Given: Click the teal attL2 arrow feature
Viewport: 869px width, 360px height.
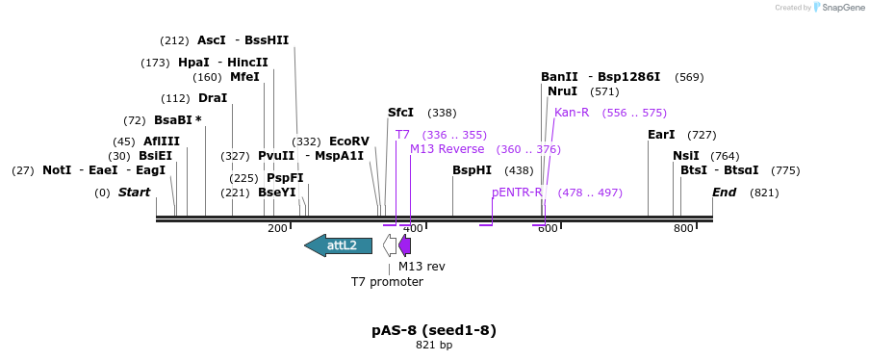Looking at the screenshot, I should click(x=339, y=245).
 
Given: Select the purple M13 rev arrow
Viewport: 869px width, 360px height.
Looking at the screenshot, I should click(x=405, y=245).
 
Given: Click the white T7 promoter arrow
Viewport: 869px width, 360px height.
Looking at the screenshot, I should click(x=389, y=245).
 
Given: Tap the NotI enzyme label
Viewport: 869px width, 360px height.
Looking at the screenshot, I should click(x=57, y=170).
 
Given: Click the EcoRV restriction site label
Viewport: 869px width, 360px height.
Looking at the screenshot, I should click(x=348, y=141).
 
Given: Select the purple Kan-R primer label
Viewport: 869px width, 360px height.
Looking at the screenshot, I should click(x=572, y=113).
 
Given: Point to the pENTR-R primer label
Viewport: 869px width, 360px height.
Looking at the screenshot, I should click(x=517, y=193).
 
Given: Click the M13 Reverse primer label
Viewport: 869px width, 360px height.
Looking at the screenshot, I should click(x=447, y=149).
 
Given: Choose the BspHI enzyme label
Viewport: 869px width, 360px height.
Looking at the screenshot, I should click(x=472, y=170).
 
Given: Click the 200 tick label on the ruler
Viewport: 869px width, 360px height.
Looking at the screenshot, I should click(x=277, y=228).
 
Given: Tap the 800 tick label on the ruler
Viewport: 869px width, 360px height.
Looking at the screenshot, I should click(x=683, y=228).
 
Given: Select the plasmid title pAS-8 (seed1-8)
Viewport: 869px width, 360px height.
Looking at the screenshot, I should click(x=434, y=330).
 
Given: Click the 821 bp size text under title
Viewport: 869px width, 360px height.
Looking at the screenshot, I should click(x=434, y=345).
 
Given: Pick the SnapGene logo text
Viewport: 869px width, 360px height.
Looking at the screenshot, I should click(x=840, y=8).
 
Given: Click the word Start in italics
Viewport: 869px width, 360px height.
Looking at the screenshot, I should click(x=134, y=193).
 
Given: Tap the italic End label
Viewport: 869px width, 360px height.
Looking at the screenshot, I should click(x=724, y=193).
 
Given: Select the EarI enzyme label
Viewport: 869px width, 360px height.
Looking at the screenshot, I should click(x=661, y=135).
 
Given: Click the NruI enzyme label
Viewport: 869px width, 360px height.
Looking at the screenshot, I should click(x=562, y=91).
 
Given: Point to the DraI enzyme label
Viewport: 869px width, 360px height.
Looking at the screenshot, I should click(x=212, y=98).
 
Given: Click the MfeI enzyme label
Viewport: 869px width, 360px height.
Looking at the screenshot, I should click(x=244, y=77).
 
